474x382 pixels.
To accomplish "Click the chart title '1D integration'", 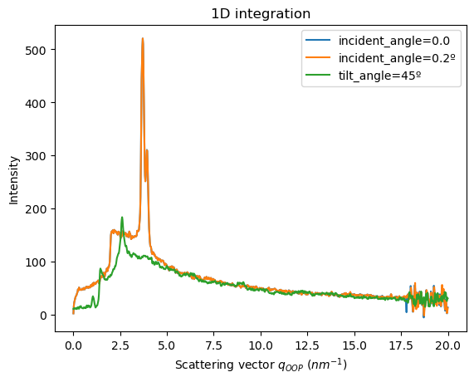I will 261,13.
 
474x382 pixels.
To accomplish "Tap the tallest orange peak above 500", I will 143,38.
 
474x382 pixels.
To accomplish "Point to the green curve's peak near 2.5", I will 122,218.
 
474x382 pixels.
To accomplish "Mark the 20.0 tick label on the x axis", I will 447,345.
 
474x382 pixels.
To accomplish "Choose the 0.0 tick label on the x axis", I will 73,345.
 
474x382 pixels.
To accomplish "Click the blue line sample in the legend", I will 321,42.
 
